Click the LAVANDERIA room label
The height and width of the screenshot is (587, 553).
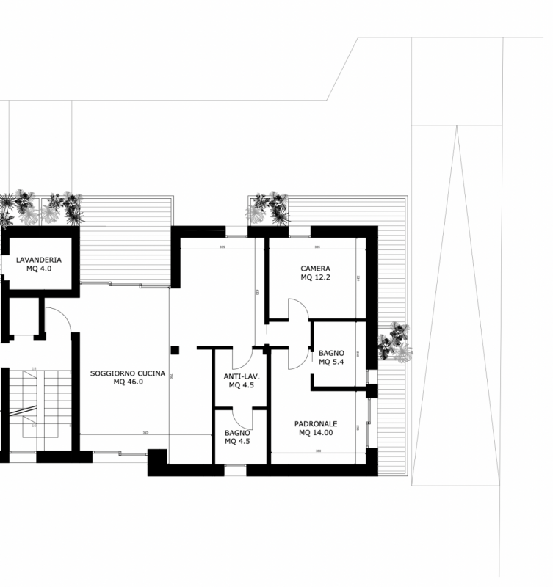tap(38, 260)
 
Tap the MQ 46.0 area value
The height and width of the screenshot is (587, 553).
tap(128, 382)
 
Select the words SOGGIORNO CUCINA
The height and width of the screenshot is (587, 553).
tap(128, 373)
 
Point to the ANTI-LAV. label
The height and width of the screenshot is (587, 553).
tap(242, 376)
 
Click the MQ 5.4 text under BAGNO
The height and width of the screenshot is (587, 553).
tap(331, 362)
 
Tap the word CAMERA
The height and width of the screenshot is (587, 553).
tap(315, 269)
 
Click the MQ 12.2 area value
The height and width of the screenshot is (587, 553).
tap(315, 277)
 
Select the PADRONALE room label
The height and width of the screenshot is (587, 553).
tap(316, 424)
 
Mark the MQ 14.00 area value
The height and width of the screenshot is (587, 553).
tap(316, 433)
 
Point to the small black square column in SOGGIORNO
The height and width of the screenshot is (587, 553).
tap(176, 350)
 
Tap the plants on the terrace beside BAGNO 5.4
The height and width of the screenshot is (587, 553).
tap(395, 343)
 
